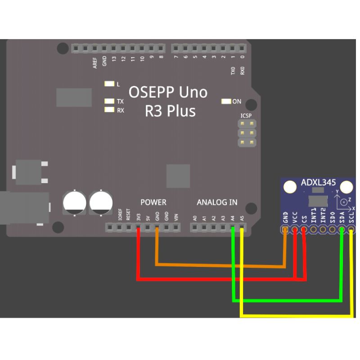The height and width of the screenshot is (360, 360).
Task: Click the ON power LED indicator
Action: tap(226, 101)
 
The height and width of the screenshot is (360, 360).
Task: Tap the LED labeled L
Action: tap(109, 84)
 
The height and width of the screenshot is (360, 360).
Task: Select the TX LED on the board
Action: tap(109, 101)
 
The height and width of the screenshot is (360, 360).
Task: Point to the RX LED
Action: tap(109, 109)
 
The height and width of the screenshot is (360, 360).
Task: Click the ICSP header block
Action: tap(247, 133)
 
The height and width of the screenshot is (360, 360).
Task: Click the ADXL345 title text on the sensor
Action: tap(318, 183)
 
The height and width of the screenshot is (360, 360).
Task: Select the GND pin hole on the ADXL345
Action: tap(285, 230)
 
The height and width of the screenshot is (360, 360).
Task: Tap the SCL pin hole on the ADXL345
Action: tap(351, 230)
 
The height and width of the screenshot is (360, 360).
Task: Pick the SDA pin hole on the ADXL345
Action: tap(342, 230)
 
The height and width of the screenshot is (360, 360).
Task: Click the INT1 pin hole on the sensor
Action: tap(314, 230)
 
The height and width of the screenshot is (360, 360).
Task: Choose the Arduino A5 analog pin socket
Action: tap(242, 228)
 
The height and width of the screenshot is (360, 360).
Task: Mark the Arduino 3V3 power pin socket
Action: tap(138, 228)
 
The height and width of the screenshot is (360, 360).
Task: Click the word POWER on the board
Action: tap(153, 202)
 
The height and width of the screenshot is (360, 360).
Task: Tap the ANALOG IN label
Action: tap(217, 202)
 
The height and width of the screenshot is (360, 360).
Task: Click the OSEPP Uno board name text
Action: tap(168, 92)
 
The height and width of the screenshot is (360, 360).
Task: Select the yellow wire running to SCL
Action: tap(297, 316)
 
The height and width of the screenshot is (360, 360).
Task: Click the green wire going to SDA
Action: tap(288, 300)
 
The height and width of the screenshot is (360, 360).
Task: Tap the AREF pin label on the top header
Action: tap(95, 63)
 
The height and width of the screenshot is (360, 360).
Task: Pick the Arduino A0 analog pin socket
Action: tap(195, 228)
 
